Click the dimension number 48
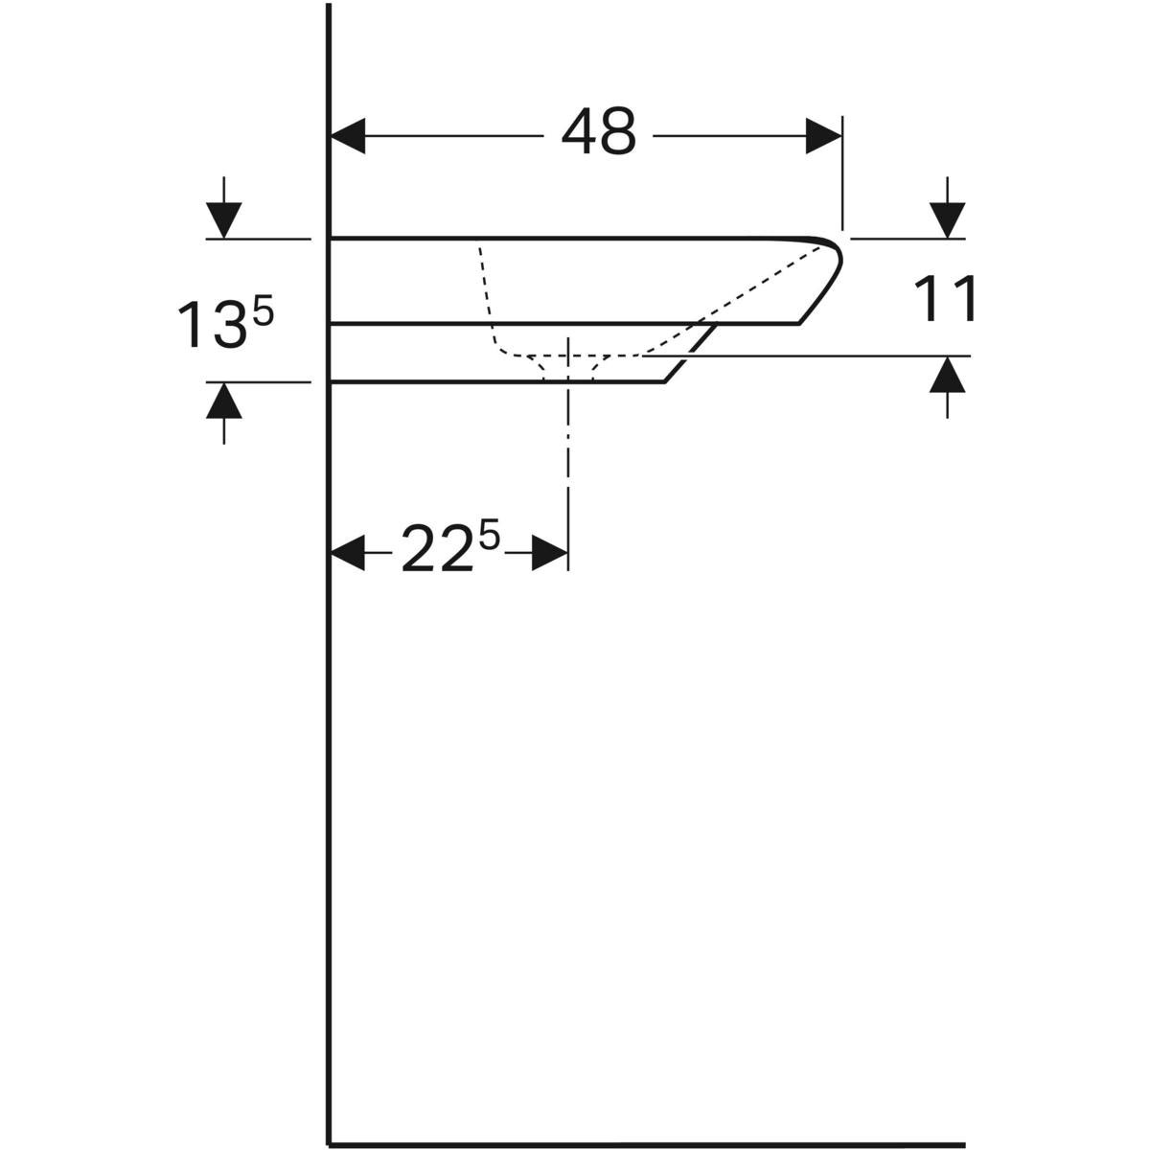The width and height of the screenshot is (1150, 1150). coord(599,132)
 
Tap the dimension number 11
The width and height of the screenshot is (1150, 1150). coord(945,298)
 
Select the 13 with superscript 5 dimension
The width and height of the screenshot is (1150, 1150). coord(225,323)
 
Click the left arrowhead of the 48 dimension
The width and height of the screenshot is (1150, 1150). coord(348,136)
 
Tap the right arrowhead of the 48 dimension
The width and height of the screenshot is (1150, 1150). coord(823,136)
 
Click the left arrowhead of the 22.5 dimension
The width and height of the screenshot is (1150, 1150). coord(348,553)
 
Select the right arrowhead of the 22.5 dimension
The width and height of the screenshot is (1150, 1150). coord(550,553)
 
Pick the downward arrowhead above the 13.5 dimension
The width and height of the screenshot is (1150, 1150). coord(224,220)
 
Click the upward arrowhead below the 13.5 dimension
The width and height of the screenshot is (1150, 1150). coord(224,400)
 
